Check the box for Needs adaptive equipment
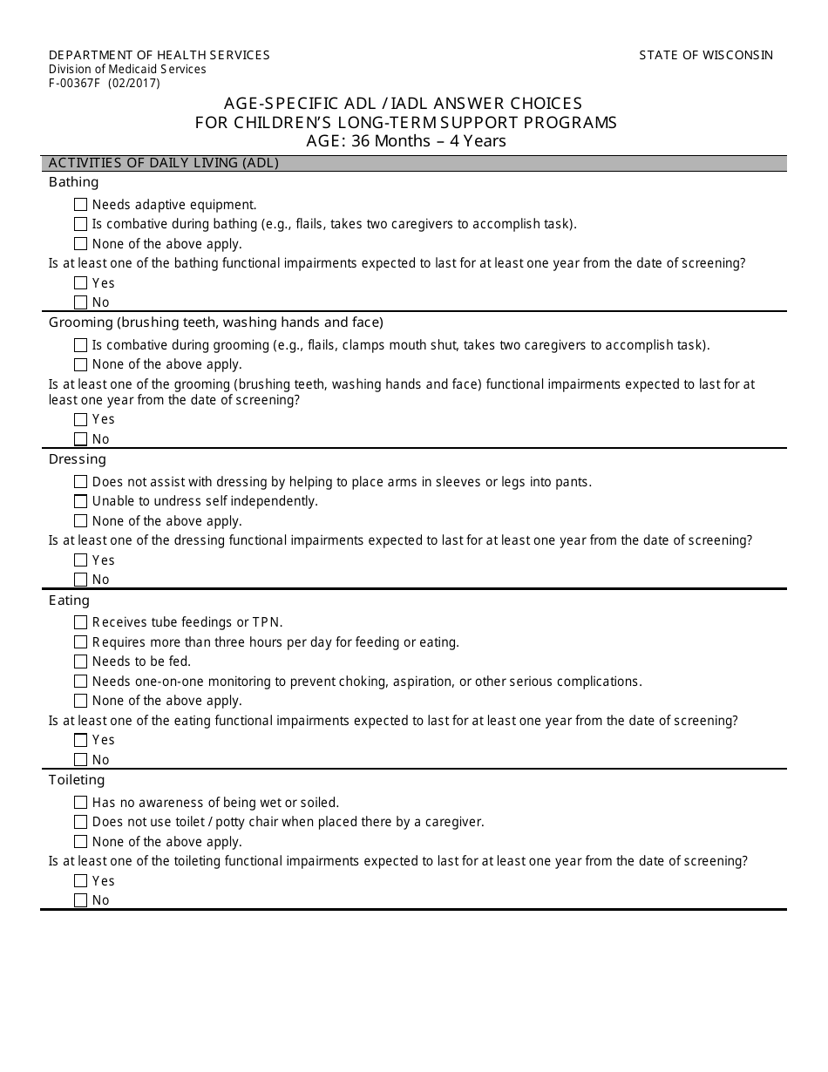[x=81, y=205]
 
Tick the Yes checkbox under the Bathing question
[x=81, y=283]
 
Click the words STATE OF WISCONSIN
[x=706, y=55]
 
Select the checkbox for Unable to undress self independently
[x=81, y=501]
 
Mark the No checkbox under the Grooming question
[x=81, y=439]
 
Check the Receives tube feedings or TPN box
[x=81, y=622]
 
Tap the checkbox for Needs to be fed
[x=81, y=662]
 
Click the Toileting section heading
[x=77, y=780]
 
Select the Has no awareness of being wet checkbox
[x=81, y=803]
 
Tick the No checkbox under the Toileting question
[x=81, y=900]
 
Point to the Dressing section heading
[x=78, y=459]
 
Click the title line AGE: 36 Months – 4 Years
[x=405, y=141]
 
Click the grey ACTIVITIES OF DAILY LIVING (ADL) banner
[x=414, y=163]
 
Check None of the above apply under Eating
[x=81, y=701]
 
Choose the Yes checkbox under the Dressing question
[x=81, y=560]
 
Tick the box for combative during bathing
[x=81, y=224]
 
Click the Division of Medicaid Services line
[x=127, y=70]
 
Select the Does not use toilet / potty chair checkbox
[x=81, y=822]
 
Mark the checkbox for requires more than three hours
[x=81, y=642]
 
